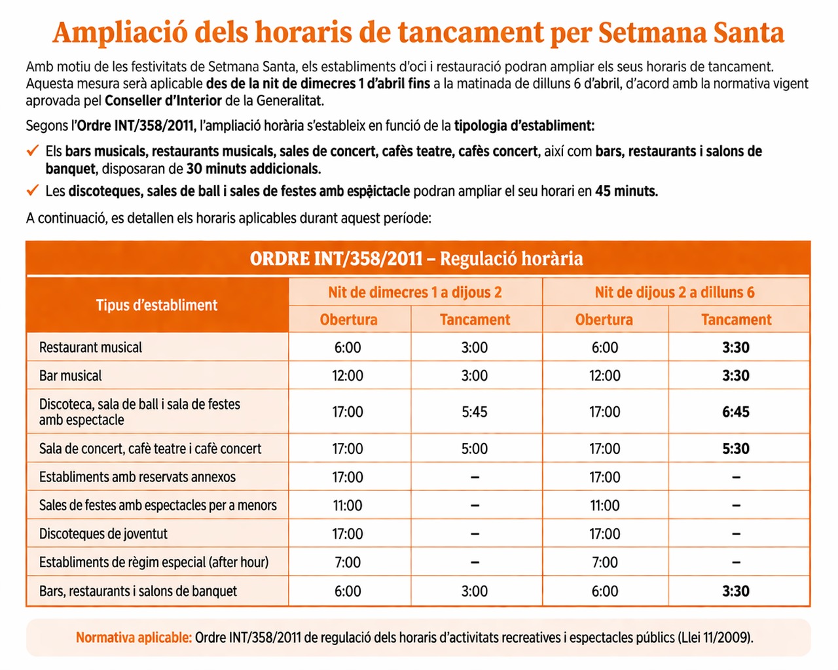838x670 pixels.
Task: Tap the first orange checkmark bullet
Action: (33, 150)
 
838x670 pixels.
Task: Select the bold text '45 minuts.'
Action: (626, 191)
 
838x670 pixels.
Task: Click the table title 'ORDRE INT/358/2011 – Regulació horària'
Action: (416, 259)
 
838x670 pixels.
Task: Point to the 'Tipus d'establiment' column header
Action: (156, 305)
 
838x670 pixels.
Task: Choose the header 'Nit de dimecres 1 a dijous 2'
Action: (414, 292)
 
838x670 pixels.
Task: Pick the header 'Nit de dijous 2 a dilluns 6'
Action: (674, 292)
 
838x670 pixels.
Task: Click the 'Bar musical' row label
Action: (70, 376)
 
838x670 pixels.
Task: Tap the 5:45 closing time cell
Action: (474, 412)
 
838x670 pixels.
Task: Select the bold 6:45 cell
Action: (736, 412)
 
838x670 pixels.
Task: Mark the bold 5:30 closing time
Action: (736, 449)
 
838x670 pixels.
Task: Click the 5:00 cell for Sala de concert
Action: (474, 449)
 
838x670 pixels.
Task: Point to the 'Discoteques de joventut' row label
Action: (103, 534)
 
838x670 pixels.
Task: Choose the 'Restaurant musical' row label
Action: (90, 347)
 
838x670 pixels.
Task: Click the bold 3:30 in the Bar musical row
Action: (736, 376)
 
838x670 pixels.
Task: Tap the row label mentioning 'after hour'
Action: (154, 562)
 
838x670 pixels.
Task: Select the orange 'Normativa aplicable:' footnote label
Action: (134, 638)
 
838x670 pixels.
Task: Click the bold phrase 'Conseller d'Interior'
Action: (163, 101)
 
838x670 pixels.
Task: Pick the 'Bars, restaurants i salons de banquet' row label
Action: (138, 591)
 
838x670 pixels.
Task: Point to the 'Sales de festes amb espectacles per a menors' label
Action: (158, 505)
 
